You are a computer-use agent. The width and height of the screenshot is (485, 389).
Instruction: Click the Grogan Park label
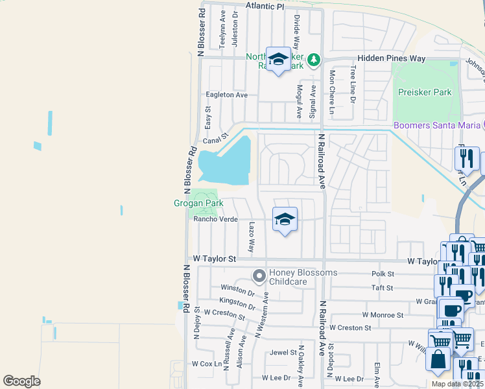pos(198,204)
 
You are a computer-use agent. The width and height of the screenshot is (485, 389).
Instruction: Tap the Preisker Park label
pos(425,92)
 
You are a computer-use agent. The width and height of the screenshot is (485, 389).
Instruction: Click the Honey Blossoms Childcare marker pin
pos(259,277)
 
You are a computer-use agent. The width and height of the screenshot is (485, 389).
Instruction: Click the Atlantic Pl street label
pos(265,6)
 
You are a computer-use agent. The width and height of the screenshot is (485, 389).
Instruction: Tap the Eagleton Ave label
pos(226,95)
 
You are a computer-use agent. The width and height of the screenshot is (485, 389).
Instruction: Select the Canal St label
pos(217,139)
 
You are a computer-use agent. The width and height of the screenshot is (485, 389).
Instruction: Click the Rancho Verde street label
pos(215,220)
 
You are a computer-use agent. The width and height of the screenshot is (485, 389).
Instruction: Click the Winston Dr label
pos(238,289)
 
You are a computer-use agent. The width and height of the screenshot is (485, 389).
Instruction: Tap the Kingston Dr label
pos(238,301)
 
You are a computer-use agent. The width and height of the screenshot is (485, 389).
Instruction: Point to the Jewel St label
pos(283,353)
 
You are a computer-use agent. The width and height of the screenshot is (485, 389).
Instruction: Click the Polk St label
pos(383,274)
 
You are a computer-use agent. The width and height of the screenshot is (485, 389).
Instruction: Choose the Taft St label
pos(383,287)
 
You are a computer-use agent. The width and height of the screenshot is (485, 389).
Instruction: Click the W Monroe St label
pos(383,314)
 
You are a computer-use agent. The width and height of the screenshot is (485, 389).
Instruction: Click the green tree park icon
pos(314,60)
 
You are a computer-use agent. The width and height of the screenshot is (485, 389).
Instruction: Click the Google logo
pos(21,381)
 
